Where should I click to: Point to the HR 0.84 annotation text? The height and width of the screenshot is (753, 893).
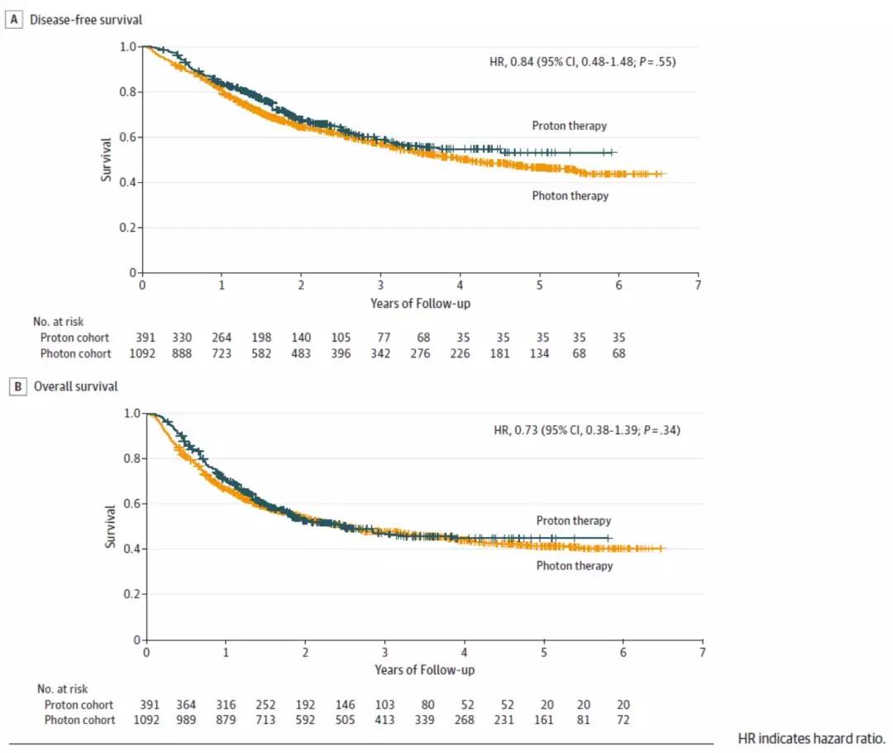582,61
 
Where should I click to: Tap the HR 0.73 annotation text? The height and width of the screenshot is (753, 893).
585,429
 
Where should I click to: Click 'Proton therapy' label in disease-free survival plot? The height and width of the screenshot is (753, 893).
570,126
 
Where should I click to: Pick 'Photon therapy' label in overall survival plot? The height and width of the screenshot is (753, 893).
575,566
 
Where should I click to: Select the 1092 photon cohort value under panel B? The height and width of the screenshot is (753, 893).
149,720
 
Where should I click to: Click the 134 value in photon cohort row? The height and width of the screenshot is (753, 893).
540,353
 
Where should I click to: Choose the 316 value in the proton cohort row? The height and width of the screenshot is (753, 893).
225,704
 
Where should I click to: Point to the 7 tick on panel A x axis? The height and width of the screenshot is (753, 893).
698,285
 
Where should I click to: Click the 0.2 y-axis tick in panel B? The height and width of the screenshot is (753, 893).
131,594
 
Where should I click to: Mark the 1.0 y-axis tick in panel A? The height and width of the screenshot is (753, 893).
127,47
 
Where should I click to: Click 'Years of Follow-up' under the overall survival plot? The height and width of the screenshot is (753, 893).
424,669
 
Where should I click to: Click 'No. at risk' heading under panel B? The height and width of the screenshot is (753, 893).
62,688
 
